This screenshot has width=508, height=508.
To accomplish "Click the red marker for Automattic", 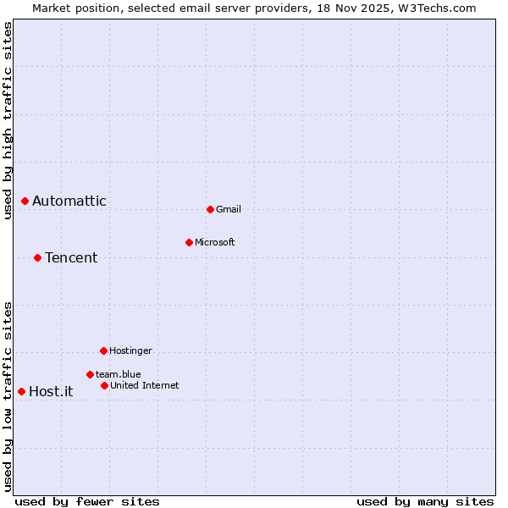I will point(25,201).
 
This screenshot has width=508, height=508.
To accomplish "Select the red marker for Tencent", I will point(38,257).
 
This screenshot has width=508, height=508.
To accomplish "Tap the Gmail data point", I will point(210,209).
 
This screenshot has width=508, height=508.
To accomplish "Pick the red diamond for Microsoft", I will point(189,242).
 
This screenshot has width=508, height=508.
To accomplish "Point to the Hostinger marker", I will point(103,351).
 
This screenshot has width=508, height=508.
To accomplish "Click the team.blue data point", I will point(90,374).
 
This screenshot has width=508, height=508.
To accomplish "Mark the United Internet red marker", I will point(104,385).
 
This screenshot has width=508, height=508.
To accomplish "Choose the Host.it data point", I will point(22,391).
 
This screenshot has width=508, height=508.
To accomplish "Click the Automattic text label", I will point(69,201).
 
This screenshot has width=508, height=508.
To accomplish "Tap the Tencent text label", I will point(71,257).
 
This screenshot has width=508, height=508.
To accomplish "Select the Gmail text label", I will point(229,209).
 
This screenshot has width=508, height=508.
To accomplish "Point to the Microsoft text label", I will point(215,242).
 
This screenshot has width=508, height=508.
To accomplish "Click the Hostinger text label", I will point(130,351).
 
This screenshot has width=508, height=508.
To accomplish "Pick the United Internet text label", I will point(145,385).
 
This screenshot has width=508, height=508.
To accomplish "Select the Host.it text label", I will point(51,391).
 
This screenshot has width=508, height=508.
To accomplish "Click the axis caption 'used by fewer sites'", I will point(87,501).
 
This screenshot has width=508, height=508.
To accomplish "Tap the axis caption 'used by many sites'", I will point(425,501).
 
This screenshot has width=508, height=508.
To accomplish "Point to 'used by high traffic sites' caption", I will point(8,120).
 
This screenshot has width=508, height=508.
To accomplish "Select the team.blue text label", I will point(119,374).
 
